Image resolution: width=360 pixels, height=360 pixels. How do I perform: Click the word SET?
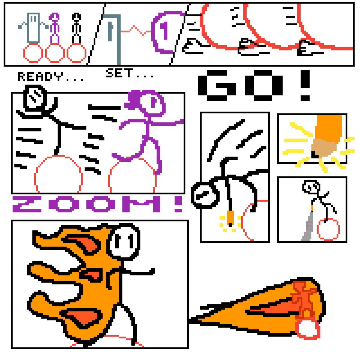(x=120, y=73)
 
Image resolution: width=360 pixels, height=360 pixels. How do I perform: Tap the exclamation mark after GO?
(x=305, y=85)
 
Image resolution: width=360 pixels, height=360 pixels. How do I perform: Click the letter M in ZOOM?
(x=141, y=204)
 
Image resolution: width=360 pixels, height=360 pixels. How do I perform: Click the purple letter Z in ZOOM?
(x=27, y=204)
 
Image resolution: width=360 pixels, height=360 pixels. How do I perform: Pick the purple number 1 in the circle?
(x=164, y=31)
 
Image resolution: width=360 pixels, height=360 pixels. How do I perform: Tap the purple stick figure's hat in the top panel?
(x=54, y=16)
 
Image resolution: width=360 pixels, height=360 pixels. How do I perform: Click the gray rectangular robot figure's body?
(x=33, y=28)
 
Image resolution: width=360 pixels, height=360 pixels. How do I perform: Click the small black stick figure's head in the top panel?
(x=76, y=16)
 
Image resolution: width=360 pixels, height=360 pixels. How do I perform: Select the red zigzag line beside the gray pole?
(x=136, y=31)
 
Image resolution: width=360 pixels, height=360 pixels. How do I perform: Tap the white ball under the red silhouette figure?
(x=307, y=328)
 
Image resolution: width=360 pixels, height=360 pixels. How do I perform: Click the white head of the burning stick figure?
(x=123, y=242)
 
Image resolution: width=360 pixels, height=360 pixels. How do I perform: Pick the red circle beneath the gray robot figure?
(x=33, y=53)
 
